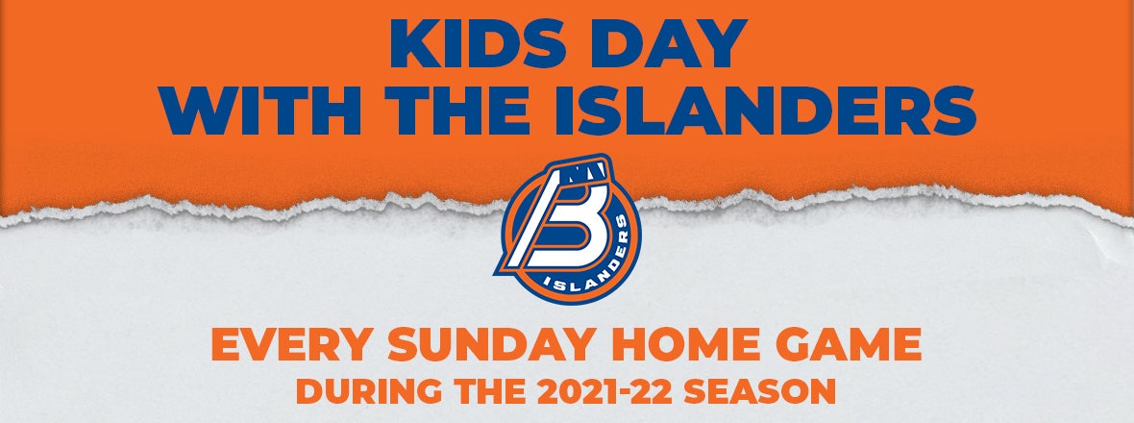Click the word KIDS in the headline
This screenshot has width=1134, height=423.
tap(479, 45)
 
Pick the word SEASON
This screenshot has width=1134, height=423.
tap(760, 391)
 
